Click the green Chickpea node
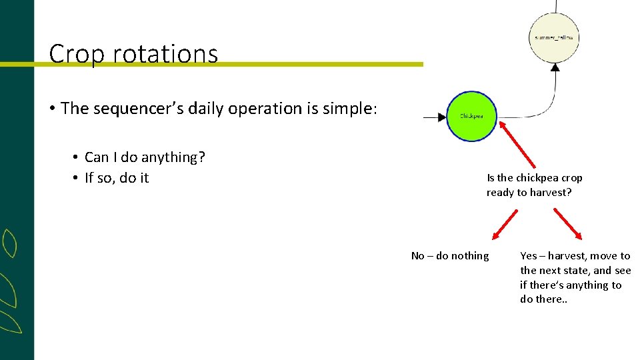pos(471,117)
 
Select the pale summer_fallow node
pos(554,37)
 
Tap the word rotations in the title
pos(165,53)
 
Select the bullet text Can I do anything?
pos(145,157)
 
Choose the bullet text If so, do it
pos(117,178)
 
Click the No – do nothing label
pos(450,256)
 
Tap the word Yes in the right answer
pos(529,256)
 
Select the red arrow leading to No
pos(505,224)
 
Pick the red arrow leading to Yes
pos(567,224)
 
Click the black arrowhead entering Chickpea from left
pos(440,117)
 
